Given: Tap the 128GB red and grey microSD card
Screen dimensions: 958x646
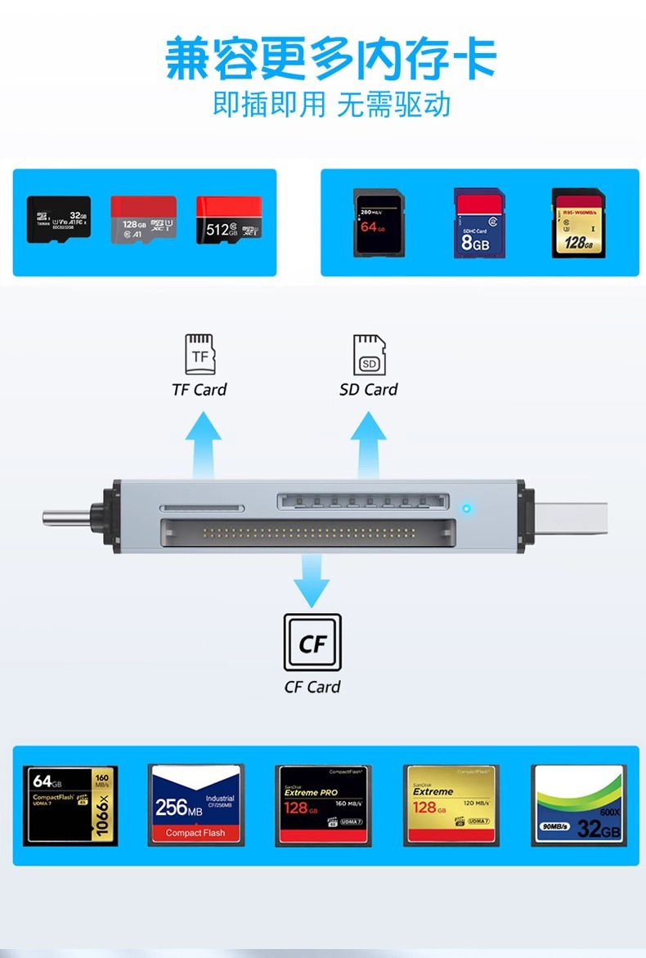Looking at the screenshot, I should point(144,219).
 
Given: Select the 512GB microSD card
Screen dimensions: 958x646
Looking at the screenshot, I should point(229,220).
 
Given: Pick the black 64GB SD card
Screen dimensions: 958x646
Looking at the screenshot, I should point(377,222).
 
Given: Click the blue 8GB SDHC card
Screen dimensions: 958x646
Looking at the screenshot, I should point(479,223).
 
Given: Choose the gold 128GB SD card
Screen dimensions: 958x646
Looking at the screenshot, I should point(577,222).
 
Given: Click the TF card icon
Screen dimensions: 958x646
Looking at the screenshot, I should point(200,354).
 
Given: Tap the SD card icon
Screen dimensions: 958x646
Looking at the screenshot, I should point(369,355).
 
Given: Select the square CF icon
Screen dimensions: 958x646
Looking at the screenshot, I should point(312,643).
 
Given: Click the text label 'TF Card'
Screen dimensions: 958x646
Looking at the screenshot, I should point(200,390).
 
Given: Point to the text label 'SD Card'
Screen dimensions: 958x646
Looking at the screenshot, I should point(369,390).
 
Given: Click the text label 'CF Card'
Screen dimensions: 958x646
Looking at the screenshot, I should point(312,687).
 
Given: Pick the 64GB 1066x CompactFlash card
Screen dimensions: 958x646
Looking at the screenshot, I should point(70,805).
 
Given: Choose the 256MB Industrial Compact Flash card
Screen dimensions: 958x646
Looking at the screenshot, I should point(196,805).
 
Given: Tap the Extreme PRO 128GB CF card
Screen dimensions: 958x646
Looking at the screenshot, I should point(323,805).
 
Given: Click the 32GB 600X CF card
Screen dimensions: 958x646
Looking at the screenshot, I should point(579,805).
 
